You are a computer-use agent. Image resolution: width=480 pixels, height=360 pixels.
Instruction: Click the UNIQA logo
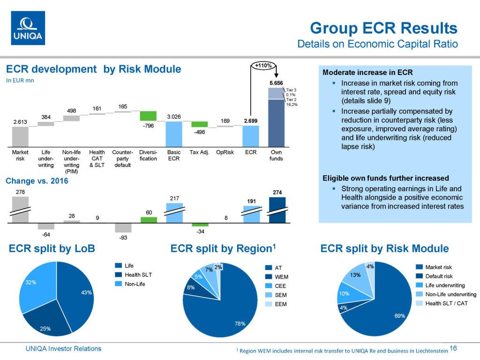(28, 28)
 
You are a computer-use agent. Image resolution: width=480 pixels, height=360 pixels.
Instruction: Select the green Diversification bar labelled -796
(148, 116)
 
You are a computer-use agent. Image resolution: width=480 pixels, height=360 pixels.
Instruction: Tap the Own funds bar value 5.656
(276, 83)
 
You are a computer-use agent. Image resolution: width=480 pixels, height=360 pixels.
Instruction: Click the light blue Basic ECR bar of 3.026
(174, 134)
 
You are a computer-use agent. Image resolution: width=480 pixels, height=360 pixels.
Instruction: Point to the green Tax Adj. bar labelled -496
(199, 124)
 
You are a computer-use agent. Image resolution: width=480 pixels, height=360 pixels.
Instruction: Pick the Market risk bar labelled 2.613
(20, 136)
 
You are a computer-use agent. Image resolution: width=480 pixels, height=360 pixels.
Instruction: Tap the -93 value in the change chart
(122, 238)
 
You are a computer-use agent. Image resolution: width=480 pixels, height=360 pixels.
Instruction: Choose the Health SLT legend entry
(137, 275)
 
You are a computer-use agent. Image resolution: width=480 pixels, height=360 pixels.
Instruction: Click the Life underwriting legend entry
(444, 285)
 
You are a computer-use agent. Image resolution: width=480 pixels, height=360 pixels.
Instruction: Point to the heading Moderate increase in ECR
(367, 73)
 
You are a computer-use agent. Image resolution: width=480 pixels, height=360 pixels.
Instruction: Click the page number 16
(453, 348)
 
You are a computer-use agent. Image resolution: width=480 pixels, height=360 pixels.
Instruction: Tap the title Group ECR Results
(383, 28)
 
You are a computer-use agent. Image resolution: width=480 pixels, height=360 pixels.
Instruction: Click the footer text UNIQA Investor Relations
(63, 348)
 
